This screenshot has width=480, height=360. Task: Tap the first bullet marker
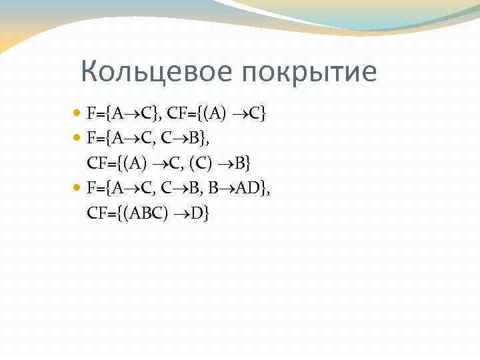(x=79, y=113)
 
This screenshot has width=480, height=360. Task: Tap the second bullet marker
(x=79, y=138)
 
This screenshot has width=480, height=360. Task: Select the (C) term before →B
(x=203, y=163)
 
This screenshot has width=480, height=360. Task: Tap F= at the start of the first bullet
(x=93, y=113)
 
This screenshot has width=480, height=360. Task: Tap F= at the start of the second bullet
(x=93, y=138)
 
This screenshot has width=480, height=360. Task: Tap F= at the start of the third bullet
(x=93, y=189)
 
